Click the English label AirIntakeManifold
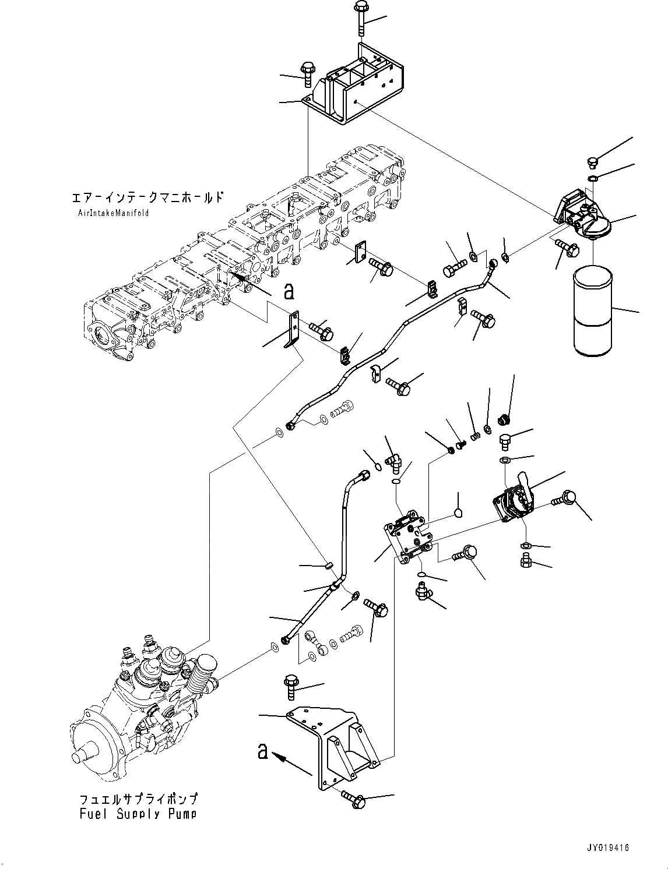(x=114, y=213)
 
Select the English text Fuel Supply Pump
(x=138, y=814)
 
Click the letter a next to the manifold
(x=288, y=291)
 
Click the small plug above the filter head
(x=592, y=162)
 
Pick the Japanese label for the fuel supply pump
(x=138, y=799)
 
